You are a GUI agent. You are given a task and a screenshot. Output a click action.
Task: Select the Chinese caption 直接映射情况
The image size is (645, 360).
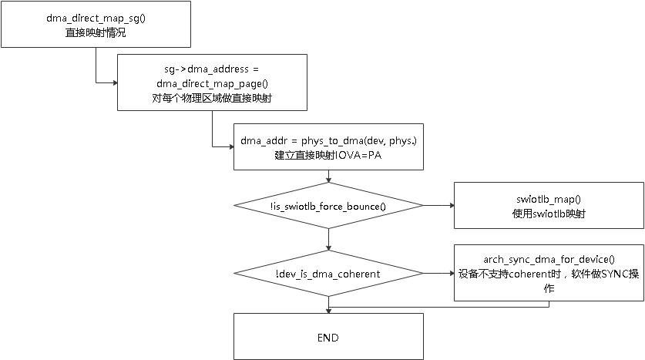coord(95,33)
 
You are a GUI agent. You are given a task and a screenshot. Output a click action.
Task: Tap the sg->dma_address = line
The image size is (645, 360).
coord(211,69)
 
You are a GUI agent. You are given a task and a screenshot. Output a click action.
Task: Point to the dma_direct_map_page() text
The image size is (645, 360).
coord(211,83)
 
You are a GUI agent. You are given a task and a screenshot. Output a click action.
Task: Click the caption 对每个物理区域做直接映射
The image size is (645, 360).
coord(211,98)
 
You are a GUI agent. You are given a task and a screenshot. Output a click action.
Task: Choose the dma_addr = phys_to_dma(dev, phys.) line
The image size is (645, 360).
coord(328,141)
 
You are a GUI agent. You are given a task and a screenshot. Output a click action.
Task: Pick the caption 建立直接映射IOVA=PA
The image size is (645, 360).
coord(328,155)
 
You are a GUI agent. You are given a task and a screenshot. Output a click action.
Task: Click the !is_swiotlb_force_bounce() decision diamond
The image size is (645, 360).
coord(328,206)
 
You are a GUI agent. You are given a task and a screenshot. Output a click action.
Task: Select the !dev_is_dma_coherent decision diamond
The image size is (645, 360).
coord(328,273)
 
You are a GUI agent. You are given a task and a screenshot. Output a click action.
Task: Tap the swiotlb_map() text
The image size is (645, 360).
coord(549,199)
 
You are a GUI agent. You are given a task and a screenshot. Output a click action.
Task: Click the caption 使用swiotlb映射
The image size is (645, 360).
coord(549,213)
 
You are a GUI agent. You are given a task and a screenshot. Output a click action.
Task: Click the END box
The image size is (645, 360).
coord(328,337)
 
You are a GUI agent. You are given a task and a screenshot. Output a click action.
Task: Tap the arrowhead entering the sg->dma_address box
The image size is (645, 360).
coord(113,82)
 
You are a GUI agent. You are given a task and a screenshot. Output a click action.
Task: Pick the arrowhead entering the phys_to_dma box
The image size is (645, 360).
coord(230,146)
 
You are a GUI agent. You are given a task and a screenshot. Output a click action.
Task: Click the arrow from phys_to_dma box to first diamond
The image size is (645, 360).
coord(329,176)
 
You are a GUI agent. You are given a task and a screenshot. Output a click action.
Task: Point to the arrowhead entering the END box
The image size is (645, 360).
coord(329,310)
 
